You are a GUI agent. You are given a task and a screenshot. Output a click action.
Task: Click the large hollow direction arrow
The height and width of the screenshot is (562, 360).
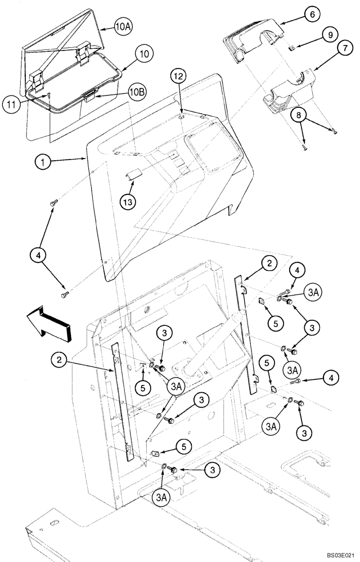[49, 324]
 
